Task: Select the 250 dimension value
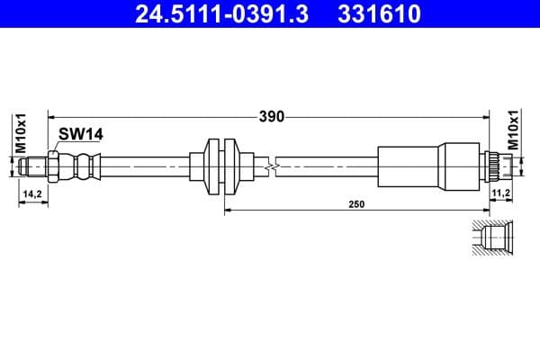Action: pyautogui.click(x=356, y=205)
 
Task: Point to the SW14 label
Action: pyautogui.click(x=82, y=134)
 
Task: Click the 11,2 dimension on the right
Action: pyautogui.click(x=501, y=193)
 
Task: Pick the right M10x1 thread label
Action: pyautogui.click(x=514, y=130)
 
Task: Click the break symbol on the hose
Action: pyautogui.click(x=271, y=166)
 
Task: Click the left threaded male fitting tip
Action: pyautogui.click(x=32, y=166)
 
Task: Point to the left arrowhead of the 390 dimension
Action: pyautogui.click(x=51, y=116)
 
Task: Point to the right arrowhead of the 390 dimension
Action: pyautogui.click(x=486, y=116)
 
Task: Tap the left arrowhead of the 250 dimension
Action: pyautogui.click(x=227, y=211)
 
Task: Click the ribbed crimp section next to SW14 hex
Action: pyautogui.click(x=82, y=166)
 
